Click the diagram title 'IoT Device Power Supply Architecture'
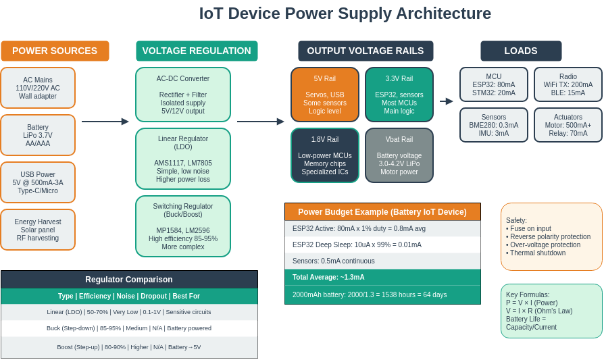(345, 14)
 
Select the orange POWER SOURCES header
(55, 51)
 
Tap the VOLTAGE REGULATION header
(197, 51)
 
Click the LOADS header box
(521, 51)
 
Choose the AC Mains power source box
(38, 88)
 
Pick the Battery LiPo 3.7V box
(38, 135)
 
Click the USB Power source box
(38, 182)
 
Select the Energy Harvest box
(38, 230)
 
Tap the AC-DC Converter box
(183, 95)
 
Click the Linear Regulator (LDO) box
(183, 159)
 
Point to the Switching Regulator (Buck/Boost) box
(183, 226)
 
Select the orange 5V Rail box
(325, 95)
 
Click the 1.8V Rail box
(325, 155)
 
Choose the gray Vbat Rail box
(399, 155)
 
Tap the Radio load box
(568, 84)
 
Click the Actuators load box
(568, 125)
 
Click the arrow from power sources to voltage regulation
(105, 122)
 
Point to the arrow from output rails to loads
(447, 101)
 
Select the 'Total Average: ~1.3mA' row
(382, 277)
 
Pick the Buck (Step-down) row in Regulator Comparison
(129, 328)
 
